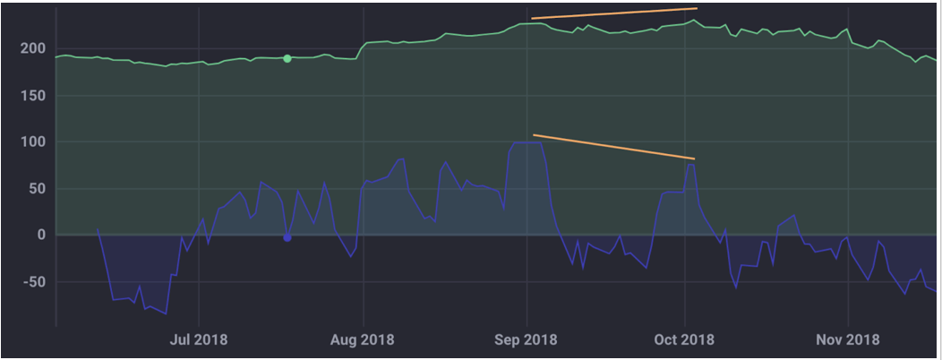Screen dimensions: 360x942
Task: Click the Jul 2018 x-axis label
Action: click(198, 340)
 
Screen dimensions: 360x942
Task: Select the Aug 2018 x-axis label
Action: click(363, 340)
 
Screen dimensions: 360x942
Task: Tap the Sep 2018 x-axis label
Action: click(527, 340)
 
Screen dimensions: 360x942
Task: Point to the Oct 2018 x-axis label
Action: click(685, 340)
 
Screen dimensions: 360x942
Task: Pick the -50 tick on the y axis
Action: click(32, 281)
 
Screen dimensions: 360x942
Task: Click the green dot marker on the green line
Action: click(287, 58)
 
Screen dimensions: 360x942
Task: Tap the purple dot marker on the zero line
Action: click(287, 237)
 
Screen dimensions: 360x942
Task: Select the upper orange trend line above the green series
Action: click(613, 13)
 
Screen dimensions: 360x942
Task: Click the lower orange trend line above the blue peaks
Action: click(613, 147)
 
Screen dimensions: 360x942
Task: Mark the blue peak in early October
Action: click(690, 164)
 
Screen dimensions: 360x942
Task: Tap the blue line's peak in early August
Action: click(402, 159)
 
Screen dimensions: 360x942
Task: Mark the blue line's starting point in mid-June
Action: click(98, 230)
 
